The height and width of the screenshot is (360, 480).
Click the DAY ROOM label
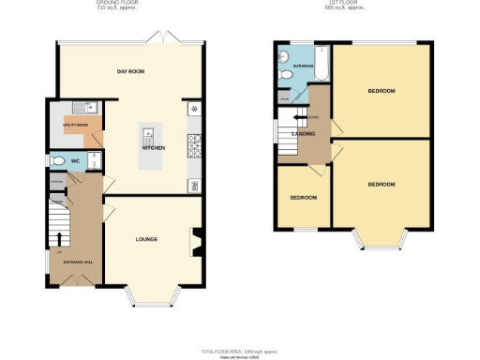[x=130, y=72]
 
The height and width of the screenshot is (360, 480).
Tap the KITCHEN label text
[x=154, y=148]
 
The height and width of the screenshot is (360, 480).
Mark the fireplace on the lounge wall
[x=196, y=241]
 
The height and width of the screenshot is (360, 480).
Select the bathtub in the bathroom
[x=322, y=63]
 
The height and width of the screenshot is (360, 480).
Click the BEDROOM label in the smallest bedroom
[x=302, y=198]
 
